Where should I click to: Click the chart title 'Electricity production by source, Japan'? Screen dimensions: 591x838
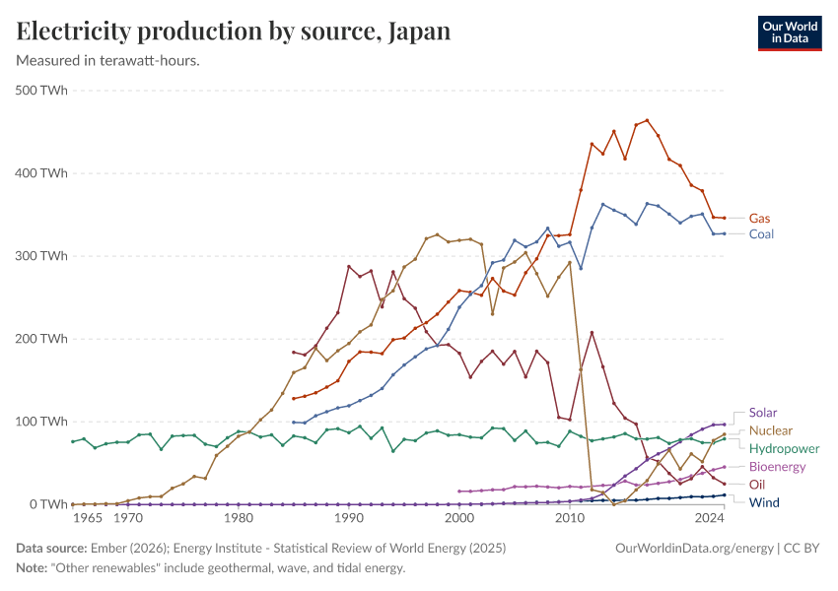point(234,32)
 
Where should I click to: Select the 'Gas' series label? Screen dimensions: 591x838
point(759,218)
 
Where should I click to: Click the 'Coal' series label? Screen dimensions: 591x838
point(761,234)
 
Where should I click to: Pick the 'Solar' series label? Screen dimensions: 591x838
point(763,413)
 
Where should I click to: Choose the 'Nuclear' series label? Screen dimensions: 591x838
point(770,430)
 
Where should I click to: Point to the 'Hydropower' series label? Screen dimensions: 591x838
point(784,448)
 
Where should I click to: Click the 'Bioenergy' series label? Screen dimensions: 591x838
point(778,466)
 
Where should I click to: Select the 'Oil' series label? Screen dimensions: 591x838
point(757,485)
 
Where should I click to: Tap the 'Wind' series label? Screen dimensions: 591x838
point(763,502)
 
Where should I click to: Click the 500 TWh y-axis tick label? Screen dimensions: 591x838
point(41,91)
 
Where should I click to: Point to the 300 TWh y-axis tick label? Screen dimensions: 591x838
point(41,256)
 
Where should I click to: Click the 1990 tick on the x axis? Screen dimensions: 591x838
point(348,517)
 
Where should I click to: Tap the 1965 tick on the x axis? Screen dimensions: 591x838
point(87,517)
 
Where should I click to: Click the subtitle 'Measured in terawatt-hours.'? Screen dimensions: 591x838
point(108,61)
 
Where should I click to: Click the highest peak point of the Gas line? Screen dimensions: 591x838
point(647,120)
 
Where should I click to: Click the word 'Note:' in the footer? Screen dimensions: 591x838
point(35,568)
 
